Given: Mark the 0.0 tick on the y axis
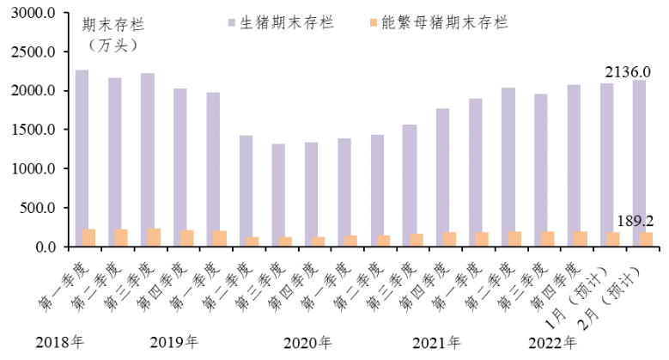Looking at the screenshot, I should click(46, 247).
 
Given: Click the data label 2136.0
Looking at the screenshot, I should click(629, 72).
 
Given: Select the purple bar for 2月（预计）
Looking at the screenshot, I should click(639, 163).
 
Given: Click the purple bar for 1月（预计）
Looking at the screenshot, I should click(606, 165).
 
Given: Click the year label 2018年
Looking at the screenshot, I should click(60, 343).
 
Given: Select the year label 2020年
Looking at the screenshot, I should click(307, 343).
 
